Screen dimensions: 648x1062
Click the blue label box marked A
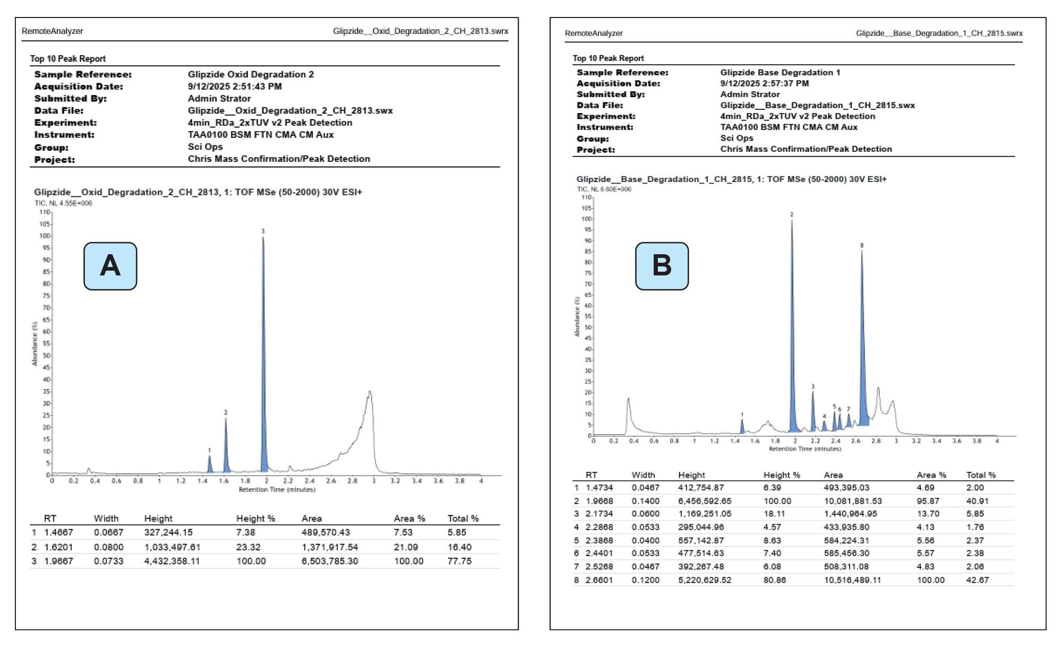click(110, 266)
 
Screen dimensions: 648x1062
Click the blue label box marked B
click(662, 266)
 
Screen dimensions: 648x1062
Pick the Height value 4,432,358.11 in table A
click(172, 561)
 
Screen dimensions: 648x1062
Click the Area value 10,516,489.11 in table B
click(852, 580)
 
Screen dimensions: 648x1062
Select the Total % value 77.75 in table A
click(459, 561)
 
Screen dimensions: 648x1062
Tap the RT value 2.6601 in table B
click(599, 580)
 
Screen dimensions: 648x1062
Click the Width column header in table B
click(643, 475)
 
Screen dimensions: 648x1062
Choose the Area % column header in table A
click(409, 519)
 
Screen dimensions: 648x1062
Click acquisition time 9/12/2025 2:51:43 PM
click(235, 87)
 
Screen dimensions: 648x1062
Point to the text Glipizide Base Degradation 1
click(780, 73)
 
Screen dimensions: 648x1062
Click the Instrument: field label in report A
click(64, 135)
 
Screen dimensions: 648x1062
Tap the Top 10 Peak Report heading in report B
click(608, 58)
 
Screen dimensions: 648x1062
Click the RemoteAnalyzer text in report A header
click(52, 31)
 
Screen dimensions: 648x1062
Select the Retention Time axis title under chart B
click(805, 449)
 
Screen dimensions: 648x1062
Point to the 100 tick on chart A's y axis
click(45, 236)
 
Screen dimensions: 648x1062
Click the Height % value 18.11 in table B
click(774, 514)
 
